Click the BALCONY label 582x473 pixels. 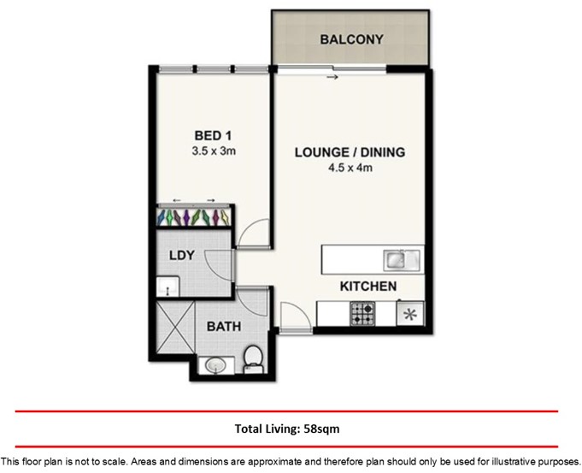351,39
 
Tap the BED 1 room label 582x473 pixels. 213,136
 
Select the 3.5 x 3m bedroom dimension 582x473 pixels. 214,151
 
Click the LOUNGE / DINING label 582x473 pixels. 350,152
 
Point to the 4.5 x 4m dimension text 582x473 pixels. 350,168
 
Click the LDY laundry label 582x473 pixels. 182,255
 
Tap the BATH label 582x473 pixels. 224,327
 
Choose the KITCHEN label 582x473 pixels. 368,287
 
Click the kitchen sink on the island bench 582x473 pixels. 402,259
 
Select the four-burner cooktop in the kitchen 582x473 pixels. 362,313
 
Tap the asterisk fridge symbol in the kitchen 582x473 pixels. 410,315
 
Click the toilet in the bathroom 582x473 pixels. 254,359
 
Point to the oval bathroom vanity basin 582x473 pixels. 215,365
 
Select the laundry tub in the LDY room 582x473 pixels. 168,287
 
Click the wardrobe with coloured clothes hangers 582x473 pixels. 195,217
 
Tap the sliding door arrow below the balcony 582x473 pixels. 332,77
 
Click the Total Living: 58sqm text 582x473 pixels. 287,429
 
